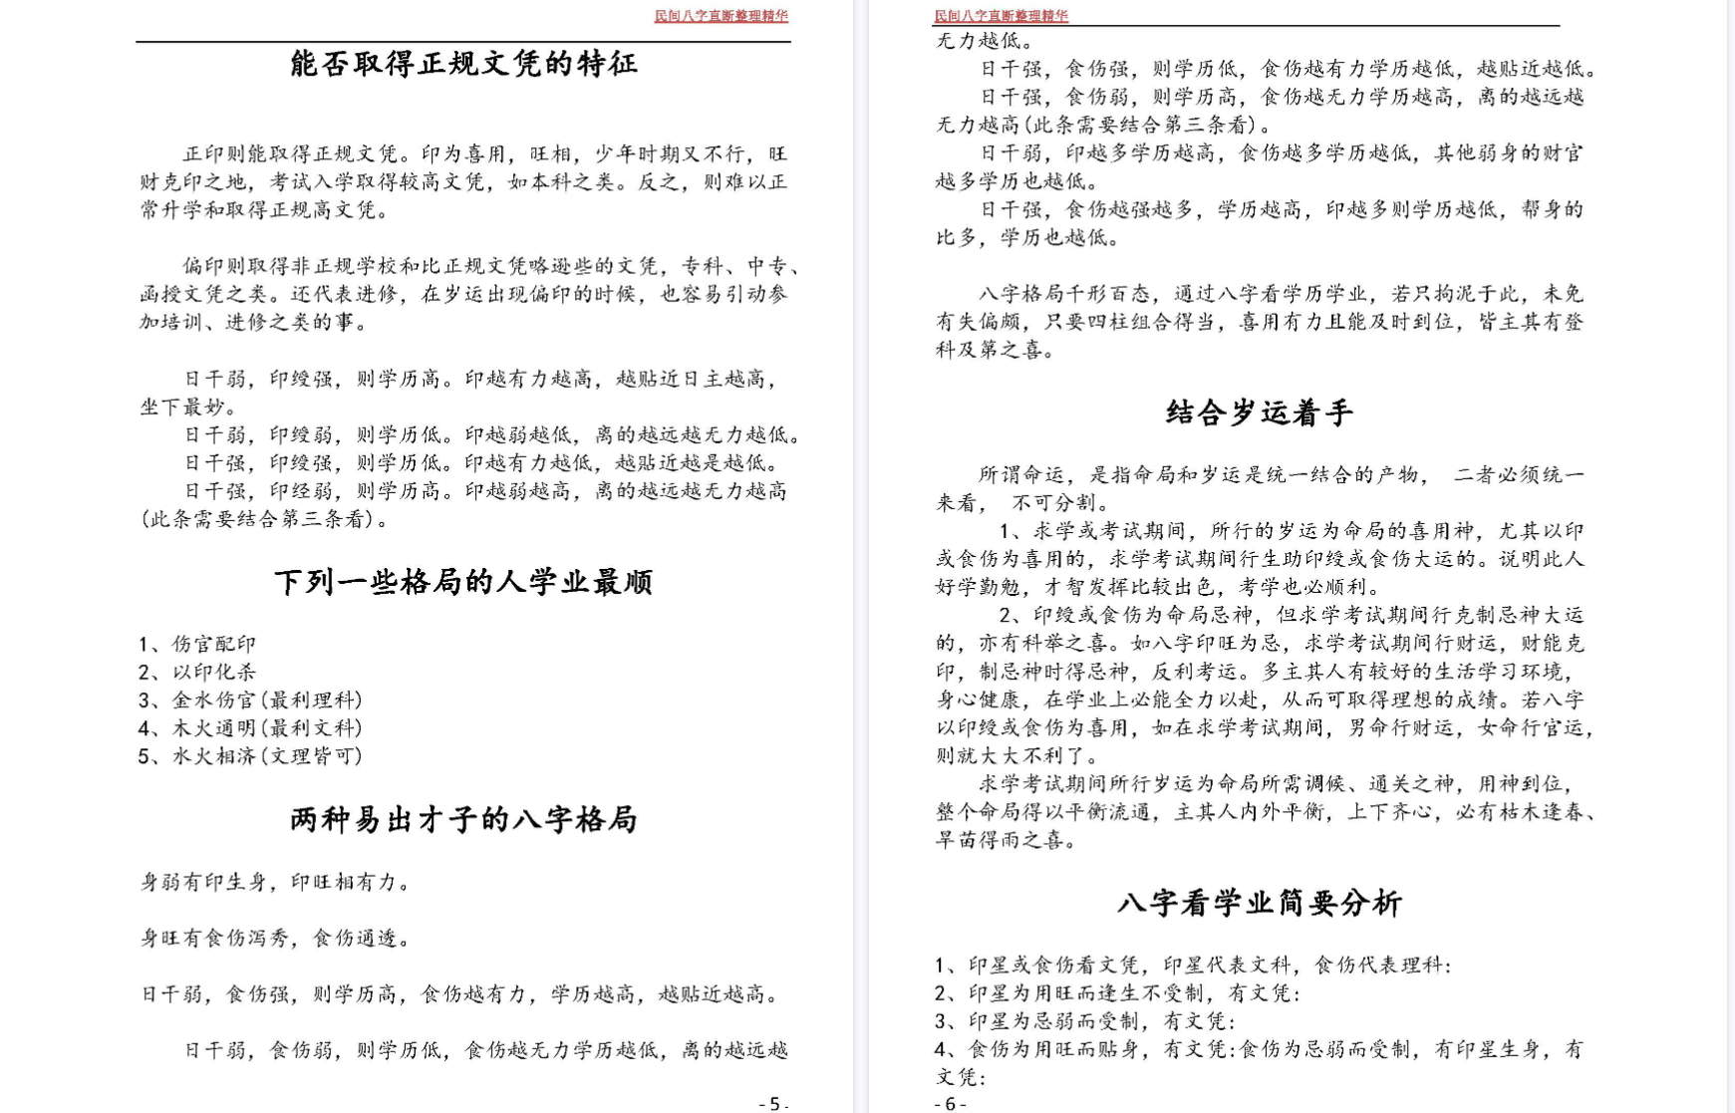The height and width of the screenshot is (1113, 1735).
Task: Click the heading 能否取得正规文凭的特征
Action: click(x=463, y=64)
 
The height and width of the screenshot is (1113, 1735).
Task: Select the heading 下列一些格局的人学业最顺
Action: click(x=463, y=582)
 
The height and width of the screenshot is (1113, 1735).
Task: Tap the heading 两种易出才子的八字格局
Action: click(x=463, y=819)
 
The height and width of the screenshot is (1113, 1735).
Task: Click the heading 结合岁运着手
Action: click(x=1260, y=413)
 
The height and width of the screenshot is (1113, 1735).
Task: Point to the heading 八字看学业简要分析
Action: click(x=1260, y=903)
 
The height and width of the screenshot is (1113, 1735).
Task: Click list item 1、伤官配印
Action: click(x=197, y=644)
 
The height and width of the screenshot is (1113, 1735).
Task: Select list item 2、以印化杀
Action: click(x=197, y=672)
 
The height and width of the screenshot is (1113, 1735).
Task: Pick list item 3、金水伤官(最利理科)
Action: click(x=250, y=699)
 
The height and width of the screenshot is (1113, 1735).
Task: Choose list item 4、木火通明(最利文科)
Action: click(x=250, y=727)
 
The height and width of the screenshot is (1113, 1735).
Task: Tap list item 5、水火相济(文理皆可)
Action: click(x=250, y=755)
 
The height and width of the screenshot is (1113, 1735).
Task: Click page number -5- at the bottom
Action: click(x=773, y=1103)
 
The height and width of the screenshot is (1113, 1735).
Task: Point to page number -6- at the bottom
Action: click(x=950, y=1103)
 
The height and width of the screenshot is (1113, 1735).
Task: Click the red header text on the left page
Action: click(x=721, y=16)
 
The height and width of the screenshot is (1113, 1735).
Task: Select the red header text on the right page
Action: click(x=1001, y=16)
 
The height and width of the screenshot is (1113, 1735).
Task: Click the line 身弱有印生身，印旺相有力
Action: click(x=276, y=882)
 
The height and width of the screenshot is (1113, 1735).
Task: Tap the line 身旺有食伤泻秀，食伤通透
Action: click(x=276, y=938)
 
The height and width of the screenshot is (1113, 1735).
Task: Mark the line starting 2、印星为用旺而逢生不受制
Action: click(x=1117, y=992)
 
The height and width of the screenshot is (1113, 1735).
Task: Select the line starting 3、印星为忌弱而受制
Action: click(x=1085, y=1020)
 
